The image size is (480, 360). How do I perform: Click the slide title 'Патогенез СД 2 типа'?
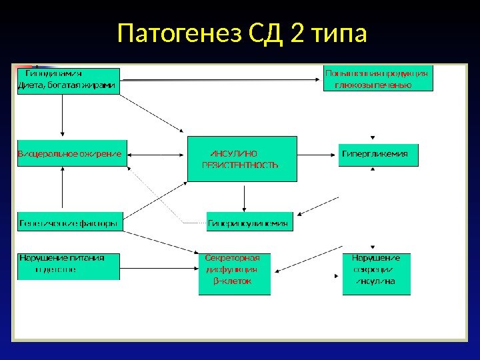(x=241, y=33)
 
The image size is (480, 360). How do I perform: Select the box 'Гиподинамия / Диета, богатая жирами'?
(x=69, y=80)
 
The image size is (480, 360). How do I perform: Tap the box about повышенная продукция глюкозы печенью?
(x=377, y=77)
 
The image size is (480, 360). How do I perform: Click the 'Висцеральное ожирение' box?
(x=69, y=153)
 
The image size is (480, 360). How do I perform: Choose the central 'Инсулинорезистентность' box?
(x=241, y=159)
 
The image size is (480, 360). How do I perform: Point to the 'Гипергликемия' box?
(x=379, y=154)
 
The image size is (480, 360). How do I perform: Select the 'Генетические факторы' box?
(x=69, y=223)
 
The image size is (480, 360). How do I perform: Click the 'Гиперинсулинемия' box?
(x=249, y=224)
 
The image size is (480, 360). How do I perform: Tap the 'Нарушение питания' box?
(x=69, y=265)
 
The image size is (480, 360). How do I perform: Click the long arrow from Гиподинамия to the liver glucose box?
(x=220, y=80)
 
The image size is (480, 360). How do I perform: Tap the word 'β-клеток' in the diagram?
(x=232, y=281)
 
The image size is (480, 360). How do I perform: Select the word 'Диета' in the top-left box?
(x=30, y=85)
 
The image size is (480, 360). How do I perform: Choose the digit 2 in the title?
(x=297, y=33)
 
